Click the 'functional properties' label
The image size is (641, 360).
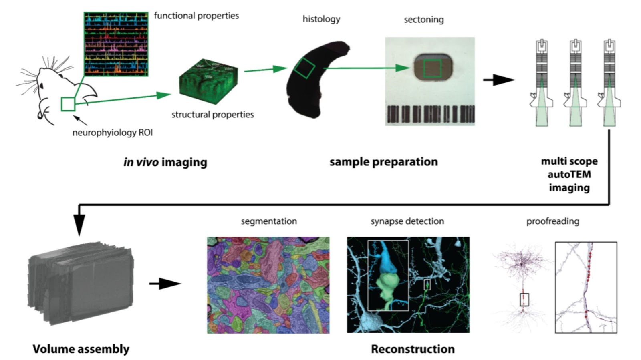pyautogui.click(x=196, y=16)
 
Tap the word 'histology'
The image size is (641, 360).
pyautogui.click(x=321, y=19)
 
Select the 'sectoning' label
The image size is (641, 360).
pyautogui.click(x=424, y=20)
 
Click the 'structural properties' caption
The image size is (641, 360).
pyautogui.click(x=213, y=115)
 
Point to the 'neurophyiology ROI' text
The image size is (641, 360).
pyautogui.click(x=113, y=133)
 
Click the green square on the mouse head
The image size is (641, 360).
pyautogui.click(x=68, y=104)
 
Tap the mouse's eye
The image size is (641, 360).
pyautogui.click(x=60, y=76)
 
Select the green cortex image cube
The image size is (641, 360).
pyautogui.click(x=208, y=81)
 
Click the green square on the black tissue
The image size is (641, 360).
pyautogui.click(x=304, y=68)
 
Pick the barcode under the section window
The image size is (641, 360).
pyautogui.click(x=430, y=114)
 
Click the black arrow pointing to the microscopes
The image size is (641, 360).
pyautogui.click(x=499, y=80)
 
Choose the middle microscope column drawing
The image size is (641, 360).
pyautogui.click(x=575, y=83)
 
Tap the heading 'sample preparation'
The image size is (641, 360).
pyautogui.click(x=383, y=162)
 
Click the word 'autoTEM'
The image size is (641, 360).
pyautogui.click(x=569, y=175)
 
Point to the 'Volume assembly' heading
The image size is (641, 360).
pyautogui.click(x=81, y=349)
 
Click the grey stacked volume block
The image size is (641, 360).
pyautogui.click(x=81, y=284)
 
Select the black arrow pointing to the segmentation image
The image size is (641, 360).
pyautogui.click(x=165, y=284)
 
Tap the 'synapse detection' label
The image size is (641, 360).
pyautogui.click(x=407, y=221)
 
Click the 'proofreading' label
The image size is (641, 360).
pyautogui.click(x=553, y=221)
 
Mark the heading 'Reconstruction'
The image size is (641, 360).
pyautogui.click(x=413, y=349)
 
